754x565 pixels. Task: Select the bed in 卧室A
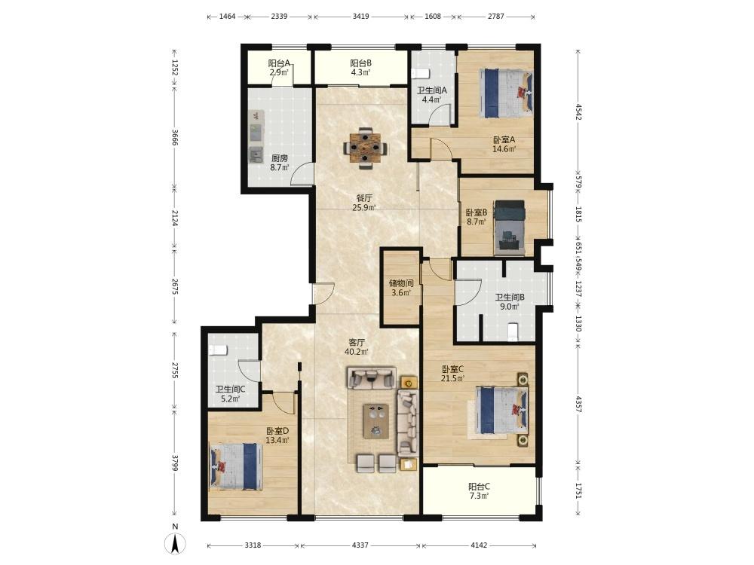[506, 93]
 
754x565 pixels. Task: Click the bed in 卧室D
[236, 466]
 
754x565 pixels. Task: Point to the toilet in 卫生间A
[420, 74]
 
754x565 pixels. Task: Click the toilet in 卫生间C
[217, 350]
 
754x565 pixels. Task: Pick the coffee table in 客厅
[376, 421]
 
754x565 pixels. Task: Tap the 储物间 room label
[401, 283]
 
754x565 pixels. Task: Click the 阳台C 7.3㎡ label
[479, 491]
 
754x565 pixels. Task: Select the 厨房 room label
[280, 158]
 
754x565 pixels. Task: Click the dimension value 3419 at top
[360, 17]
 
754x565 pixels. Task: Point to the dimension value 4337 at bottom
[360, 545]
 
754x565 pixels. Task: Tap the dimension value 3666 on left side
[175, 137]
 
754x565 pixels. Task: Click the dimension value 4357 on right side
[578, 404]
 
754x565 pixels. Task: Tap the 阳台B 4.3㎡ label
[360, 68]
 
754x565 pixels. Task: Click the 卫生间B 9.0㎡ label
[510, 302]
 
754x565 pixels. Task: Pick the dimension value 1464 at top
[228, 17]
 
